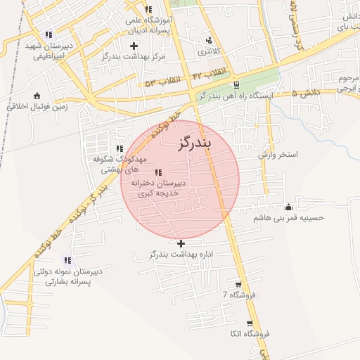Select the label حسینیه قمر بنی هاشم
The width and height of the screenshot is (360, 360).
(288, 218)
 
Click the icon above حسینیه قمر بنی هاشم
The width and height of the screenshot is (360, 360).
(288, 207)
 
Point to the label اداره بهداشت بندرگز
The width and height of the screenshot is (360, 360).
(181, 253)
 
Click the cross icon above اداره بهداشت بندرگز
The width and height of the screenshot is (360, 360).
(181, 243)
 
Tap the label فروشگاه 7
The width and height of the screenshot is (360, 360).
(239, 295)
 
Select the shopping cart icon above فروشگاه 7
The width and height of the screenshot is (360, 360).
(239, 284)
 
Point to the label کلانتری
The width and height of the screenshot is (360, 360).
(208, 51)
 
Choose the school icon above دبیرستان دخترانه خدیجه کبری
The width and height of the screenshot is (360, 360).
(158, 172)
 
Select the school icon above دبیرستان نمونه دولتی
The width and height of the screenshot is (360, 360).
(67, 260)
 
